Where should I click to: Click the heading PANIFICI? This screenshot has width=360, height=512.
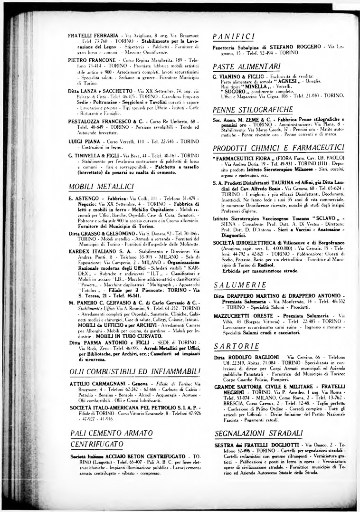[x=234, y=36]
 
